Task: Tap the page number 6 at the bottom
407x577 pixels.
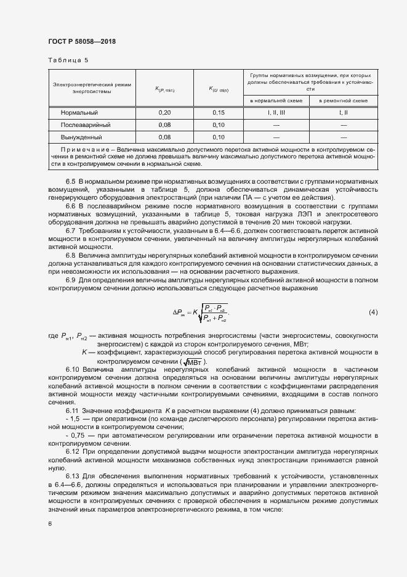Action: pyautogui.click(x=50, y=523)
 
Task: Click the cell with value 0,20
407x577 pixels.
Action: pyautogui.click(x=164, y=113)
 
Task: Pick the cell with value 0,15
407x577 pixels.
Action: pyautogui.click(x=219, y=113)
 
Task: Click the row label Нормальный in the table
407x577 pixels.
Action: pyautogui.click(x=79, y=113)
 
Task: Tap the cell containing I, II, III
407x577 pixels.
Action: pyautogui.click(x=276, y=113)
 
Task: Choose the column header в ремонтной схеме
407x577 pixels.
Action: pyautogui.click(x=343, y=100)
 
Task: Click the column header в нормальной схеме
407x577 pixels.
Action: pyautogui.click(x=276, y=100)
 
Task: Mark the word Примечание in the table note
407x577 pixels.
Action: pyautogui.click(x=83, y=150)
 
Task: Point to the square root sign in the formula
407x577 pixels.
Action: pyautogui.click(x=199, y=313)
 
